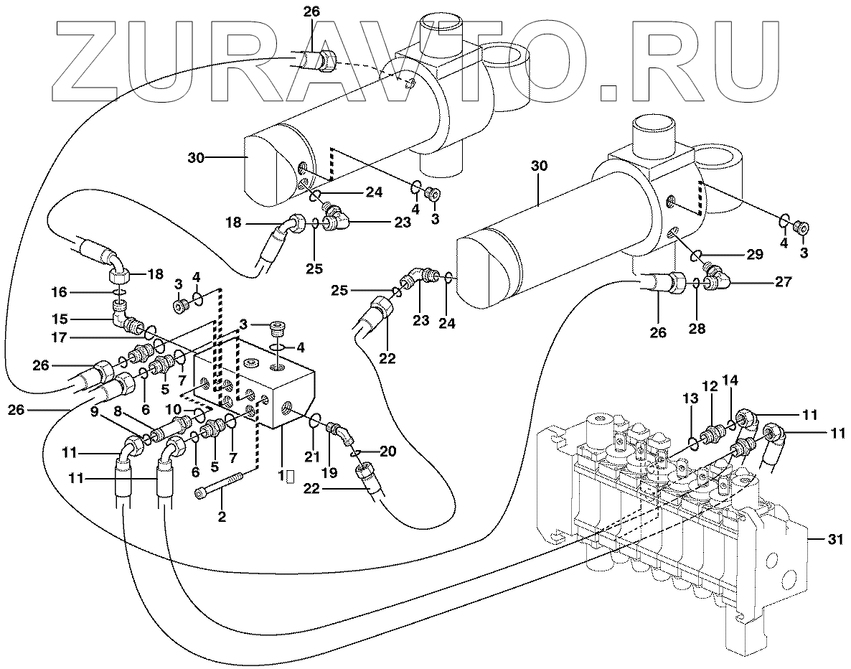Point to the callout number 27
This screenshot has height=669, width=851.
pyautogui.click(x=784, y=282)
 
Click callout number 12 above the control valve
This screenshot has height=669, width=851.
pyautogui.click(x=710, y=386)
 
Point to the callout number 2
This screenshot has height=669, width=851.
pyautogui.click(x=222, y=516)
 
